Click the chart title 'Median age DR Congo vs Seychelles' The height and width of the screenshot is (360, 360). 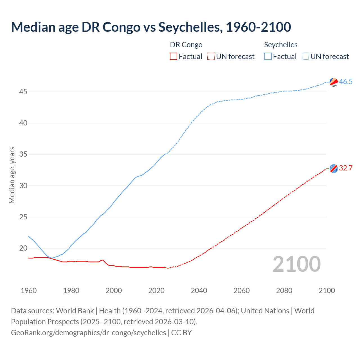coord(151,27)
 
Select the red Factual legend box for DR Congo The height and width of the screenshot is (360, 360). coord(174,56)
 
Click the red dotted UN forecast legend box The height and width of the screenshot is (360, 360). coord(211,56)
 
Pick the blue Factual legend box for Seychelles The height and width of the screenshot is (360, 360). coord(268,56)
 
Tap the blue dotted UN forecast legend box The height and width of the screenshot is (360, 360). coord(305,56)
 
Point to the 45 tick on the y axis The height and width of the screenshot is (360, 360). coord(23,92)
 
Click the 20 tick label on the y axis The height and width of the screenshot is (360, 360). coord(23,248)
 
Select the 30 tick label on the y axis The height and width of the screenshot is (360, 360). coord(23,186)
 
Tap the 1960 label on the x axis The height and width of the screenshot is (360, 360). coord(29,291)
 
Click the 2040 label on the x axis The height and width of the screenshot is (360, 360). coord(199,291)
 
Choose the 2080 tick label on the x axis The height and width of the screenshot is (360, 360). coord(284,291)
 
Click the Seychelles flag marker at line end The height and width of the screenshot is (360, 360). coord(334,82)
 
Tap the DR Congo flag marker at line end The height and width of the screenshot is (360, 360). coord(334,168)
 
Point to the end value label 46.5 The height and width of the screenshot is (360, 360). coord(346,82)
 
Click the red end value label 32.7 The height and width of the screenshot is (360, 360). coord(346,168)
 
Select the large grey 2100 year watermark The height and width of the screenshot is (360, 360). coord(297,264)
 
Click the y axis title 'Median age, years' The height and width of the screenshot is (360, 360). coord(12,175)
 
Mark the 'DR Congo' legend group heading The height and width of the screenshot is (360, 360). coord(186,45)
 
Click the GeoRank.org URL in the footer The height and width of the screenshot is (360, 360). coord(88,332)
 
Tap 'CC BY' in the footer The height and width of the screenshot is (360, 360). coord(181,332)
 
